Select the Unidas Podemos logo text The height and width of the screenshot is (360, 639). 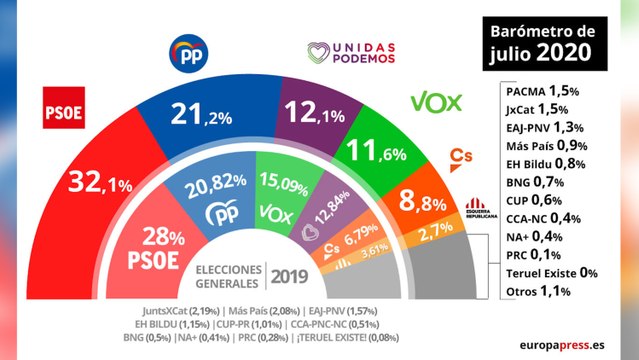coord(350,51)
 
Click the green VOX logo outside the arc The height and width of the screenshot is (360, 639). coord(434,104)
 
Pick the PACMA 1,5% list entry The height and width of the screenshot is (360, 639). coord(545,89)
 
